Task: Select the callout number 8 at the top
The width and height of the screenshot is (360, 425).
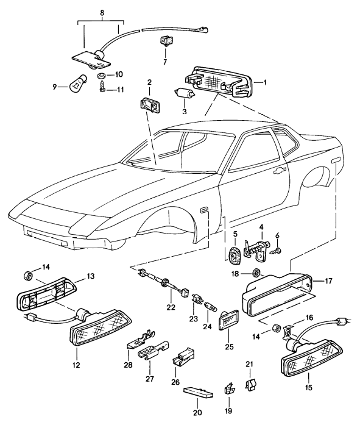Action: point(101,12)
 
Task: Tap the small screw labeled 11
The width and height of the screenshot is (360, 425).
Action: point(101,89)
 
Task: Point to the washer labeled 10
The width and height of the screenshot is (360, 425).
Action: point(101,75)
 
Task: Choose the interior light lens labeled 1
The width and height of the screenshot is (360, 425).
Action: point(223,83)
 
